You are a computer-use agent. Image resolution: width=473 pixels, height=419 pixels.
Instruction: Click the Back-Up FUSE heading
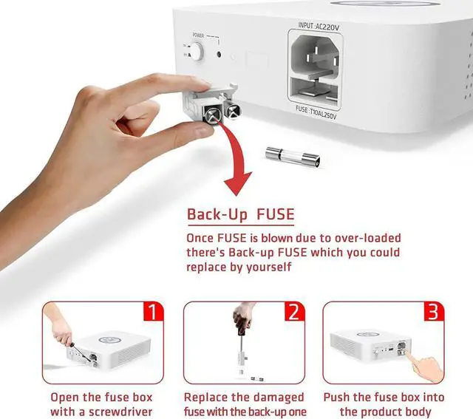(x=240, y=215)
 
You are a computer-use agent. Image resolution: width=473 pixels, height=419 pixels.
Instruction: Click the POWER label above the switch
(x=198, y=35)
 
